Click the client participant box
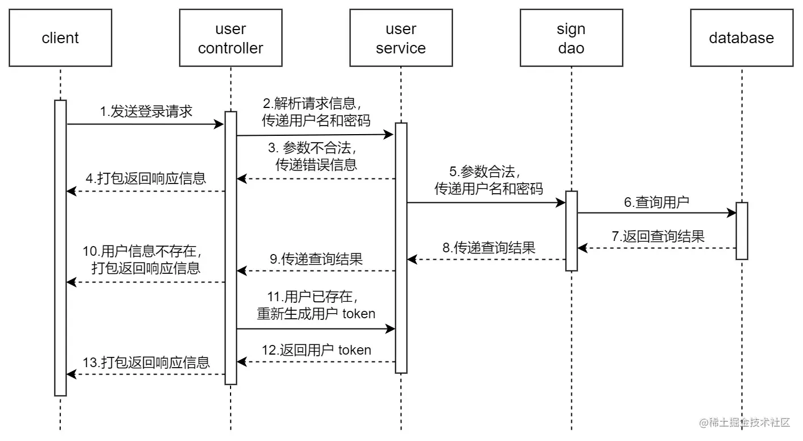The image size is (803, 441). click(x=60, y=38)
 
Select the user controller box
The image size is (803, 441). click(x=231, y=38)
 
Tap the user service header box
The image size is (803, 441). click(x=401, y=38)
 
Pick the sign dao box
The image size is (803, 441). click(x=571, y=38)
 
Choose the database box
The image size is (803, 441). click(x=742, y=38)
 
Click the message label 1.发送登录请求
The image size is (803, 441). click(x=147, y=111)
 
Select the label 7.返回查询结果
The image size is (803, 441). click(x=658, y=236)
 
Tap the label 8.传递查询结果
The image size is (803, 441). click(x=488, y=248)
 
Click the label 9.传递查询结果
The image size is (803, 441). click(x=316, y=259)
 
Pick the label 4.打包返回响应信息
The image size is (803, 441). click(x=146, y=178)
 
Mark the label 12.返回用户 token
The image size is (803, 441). click(x=316, y=350)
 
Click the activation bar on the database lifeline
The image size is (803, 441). click(x=742, y=231)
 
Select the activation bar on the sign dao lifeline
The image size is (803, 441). click(x=571, y=231)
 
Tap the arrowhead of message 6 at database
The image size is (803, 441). click(x=732, y=214)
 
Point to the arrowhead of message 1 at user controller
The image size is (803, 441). click(x=220, y=123)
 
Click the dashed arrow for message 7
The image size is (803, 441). click(x=659, y=248)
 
